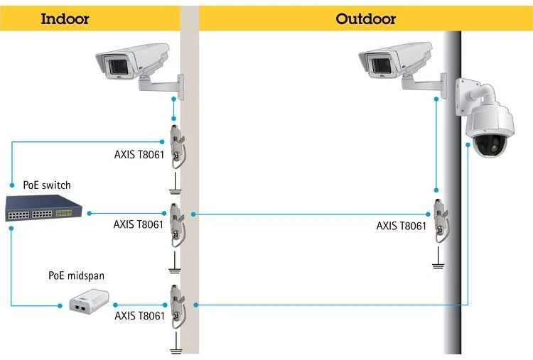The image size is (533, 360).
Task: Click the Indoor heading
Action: (65, 18)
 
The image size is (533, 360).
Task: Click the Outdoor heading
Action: (365, 18)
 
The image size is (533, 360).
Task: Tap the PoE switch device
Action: (44, 206)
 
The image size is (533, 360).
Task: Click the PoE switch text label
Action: (47, 185)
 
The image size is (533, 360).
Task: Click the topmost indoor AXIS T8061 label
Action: (139, 153)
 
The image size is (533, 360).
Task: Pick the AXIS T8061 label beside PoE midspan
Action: (139, 315)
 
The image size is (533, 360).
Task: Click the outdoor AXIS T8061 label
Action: (402, 226)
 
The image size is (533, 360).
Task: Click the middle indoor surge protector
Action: (176, 224)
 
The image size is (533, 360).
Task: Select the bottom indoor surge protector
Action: (176, 305)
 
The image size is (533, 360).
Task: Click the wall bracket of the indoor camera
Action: (162, 87)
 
